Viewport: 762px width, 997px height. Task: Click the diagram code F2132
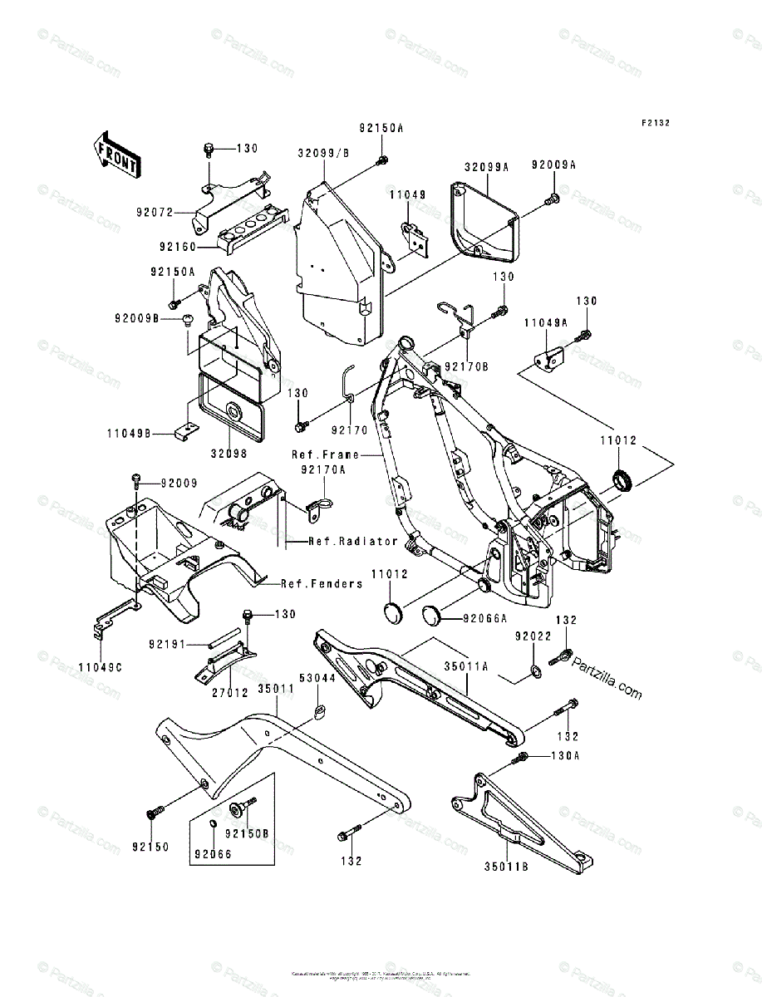[655, 123]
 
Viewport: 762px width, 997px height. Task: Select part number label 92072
[155, 212]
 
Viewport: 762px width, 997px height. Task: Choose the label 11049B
[128, 433]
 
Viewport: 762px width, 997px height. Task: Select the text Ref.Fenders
[321, 583]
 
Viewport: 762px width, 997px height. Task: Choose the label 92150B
[248, 833]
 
